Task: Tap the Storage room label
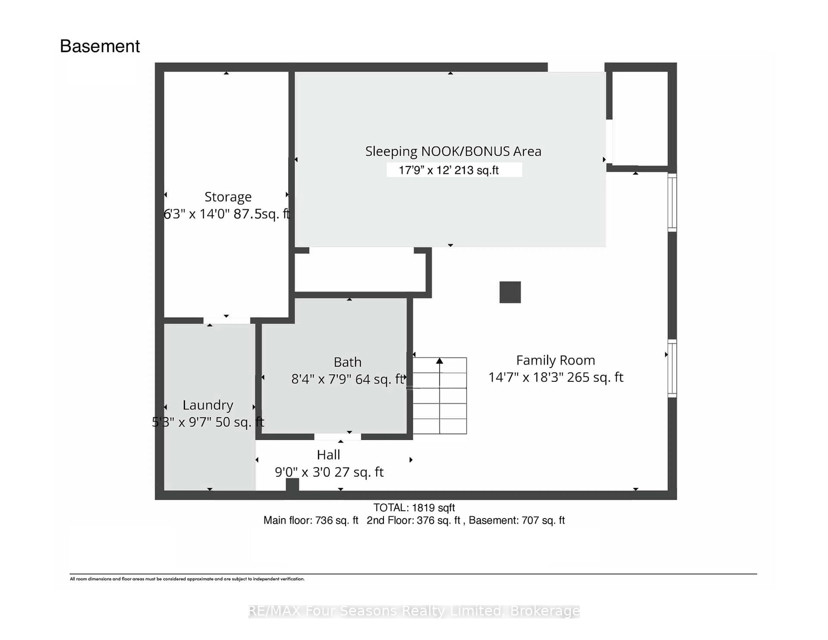[228, 197]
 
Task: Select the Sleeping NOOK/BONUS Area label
[453, 151]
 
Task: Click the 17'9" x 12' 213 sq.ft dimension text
[448, 170]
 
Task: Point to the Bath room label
[347, 362]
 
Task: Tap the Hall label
[328, 455]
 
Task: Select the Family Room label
[555, 360]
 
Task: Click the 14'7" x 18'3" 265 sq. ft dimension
[555, 377]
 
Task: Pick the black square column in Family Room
[510, 292]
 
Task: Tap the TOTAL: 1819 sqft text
[414, 507]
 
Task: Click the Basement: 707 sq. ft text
[517, 520]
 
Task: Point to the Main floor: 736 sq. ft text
[311, 520]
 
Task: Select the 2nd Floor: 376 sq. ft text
[414, 520]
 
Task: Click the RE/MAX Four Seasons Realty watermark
[414, 611]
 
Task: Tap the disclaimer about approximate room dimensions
[187, 579]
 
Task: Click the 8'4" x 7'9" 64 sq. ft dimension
[348, 379]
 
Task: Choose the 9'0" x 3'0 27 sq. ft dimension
[329, 472]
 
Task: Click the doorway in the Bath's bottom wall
[337, 437]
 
